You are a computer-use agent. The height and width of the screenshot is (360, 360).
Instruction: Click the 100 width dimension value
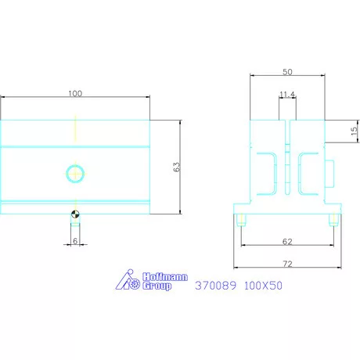(x=75, y=94)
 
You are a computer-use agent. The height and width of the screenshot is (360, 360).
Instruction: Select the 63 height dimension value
(x=176, y=167)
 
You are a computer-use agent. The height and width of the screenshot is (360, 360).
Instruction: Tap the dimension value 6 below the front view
(x=74, y=241)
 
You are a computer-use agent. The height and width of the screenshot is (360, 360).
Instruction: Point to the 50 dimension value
(x=287, y=72)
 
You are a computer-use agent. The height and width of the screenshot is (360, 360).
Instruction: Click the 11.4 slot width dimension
(x=287, y=95)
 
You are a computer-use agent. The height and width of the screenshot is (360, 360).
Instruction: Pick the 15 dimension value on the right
(x=354, y=131)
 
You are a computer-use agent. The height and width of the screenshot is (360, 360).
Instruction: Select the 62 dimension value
(x=287, y=242)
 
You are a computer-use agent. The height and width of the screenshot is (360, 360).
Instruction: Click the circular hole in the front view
(x=75, y=172)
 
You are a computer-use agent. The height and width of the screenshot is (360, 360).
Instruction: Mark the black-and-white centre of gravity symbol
(x=74, y=211)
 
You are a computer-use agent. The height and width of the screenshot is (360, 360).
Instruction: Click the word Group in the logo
(x=158, y=287)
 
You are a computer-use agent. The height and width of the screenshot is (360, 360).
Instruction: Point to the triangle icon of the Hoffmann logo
(x=125, y=282)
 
